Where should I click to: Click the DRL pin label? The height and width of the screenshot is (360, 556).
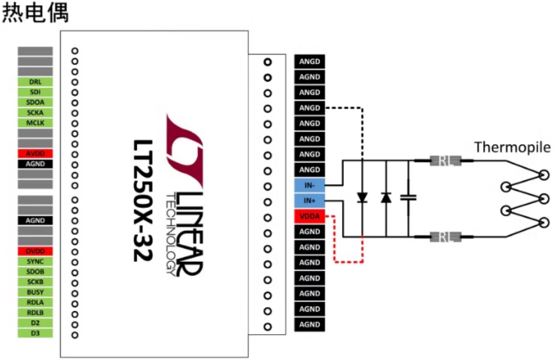point(35,82)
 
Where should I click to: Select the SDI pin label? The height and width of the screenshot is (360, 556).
point(35,92)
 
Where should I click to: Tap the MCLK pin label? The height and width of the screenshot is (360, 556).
point(35,123)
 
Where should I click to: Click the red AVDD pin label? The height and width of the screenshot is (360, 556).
point(35,154)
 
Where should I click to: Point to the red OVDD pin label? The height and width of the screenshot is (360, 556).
point(35,251)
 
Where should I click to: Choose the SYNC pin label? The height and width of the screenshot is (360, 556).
point(35,261)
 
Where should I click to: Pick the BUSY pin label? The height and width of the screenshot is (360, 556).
point(35,292)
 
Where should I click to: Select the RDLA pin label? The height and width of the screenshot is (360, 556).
point(35,303)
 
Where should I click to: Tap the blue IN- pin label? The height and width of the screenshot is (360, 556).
point(310,185)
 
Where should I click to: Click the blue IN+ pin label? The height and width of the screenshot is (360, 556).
point(310,201)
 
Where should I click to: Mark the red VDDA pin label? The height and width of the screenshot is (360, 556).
point(310,216)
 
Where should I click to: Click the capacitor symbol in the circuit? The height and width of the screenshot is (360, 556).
point(408,198)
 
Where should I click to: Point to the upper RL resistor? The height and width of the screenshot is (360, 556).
point(445,162)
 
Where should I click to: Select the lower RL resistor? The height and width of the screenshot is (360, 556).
point(445,236)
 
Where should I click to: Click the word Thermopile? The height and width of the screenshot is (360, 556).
point(512,148)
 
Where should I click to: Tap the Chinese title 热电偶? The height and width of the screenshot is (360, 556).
point(36,13)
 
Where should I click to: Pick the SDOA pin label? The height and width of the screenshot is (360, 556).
point(35,102)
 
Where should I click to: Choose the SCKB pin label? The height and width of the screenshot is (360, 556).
point(35,282)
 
